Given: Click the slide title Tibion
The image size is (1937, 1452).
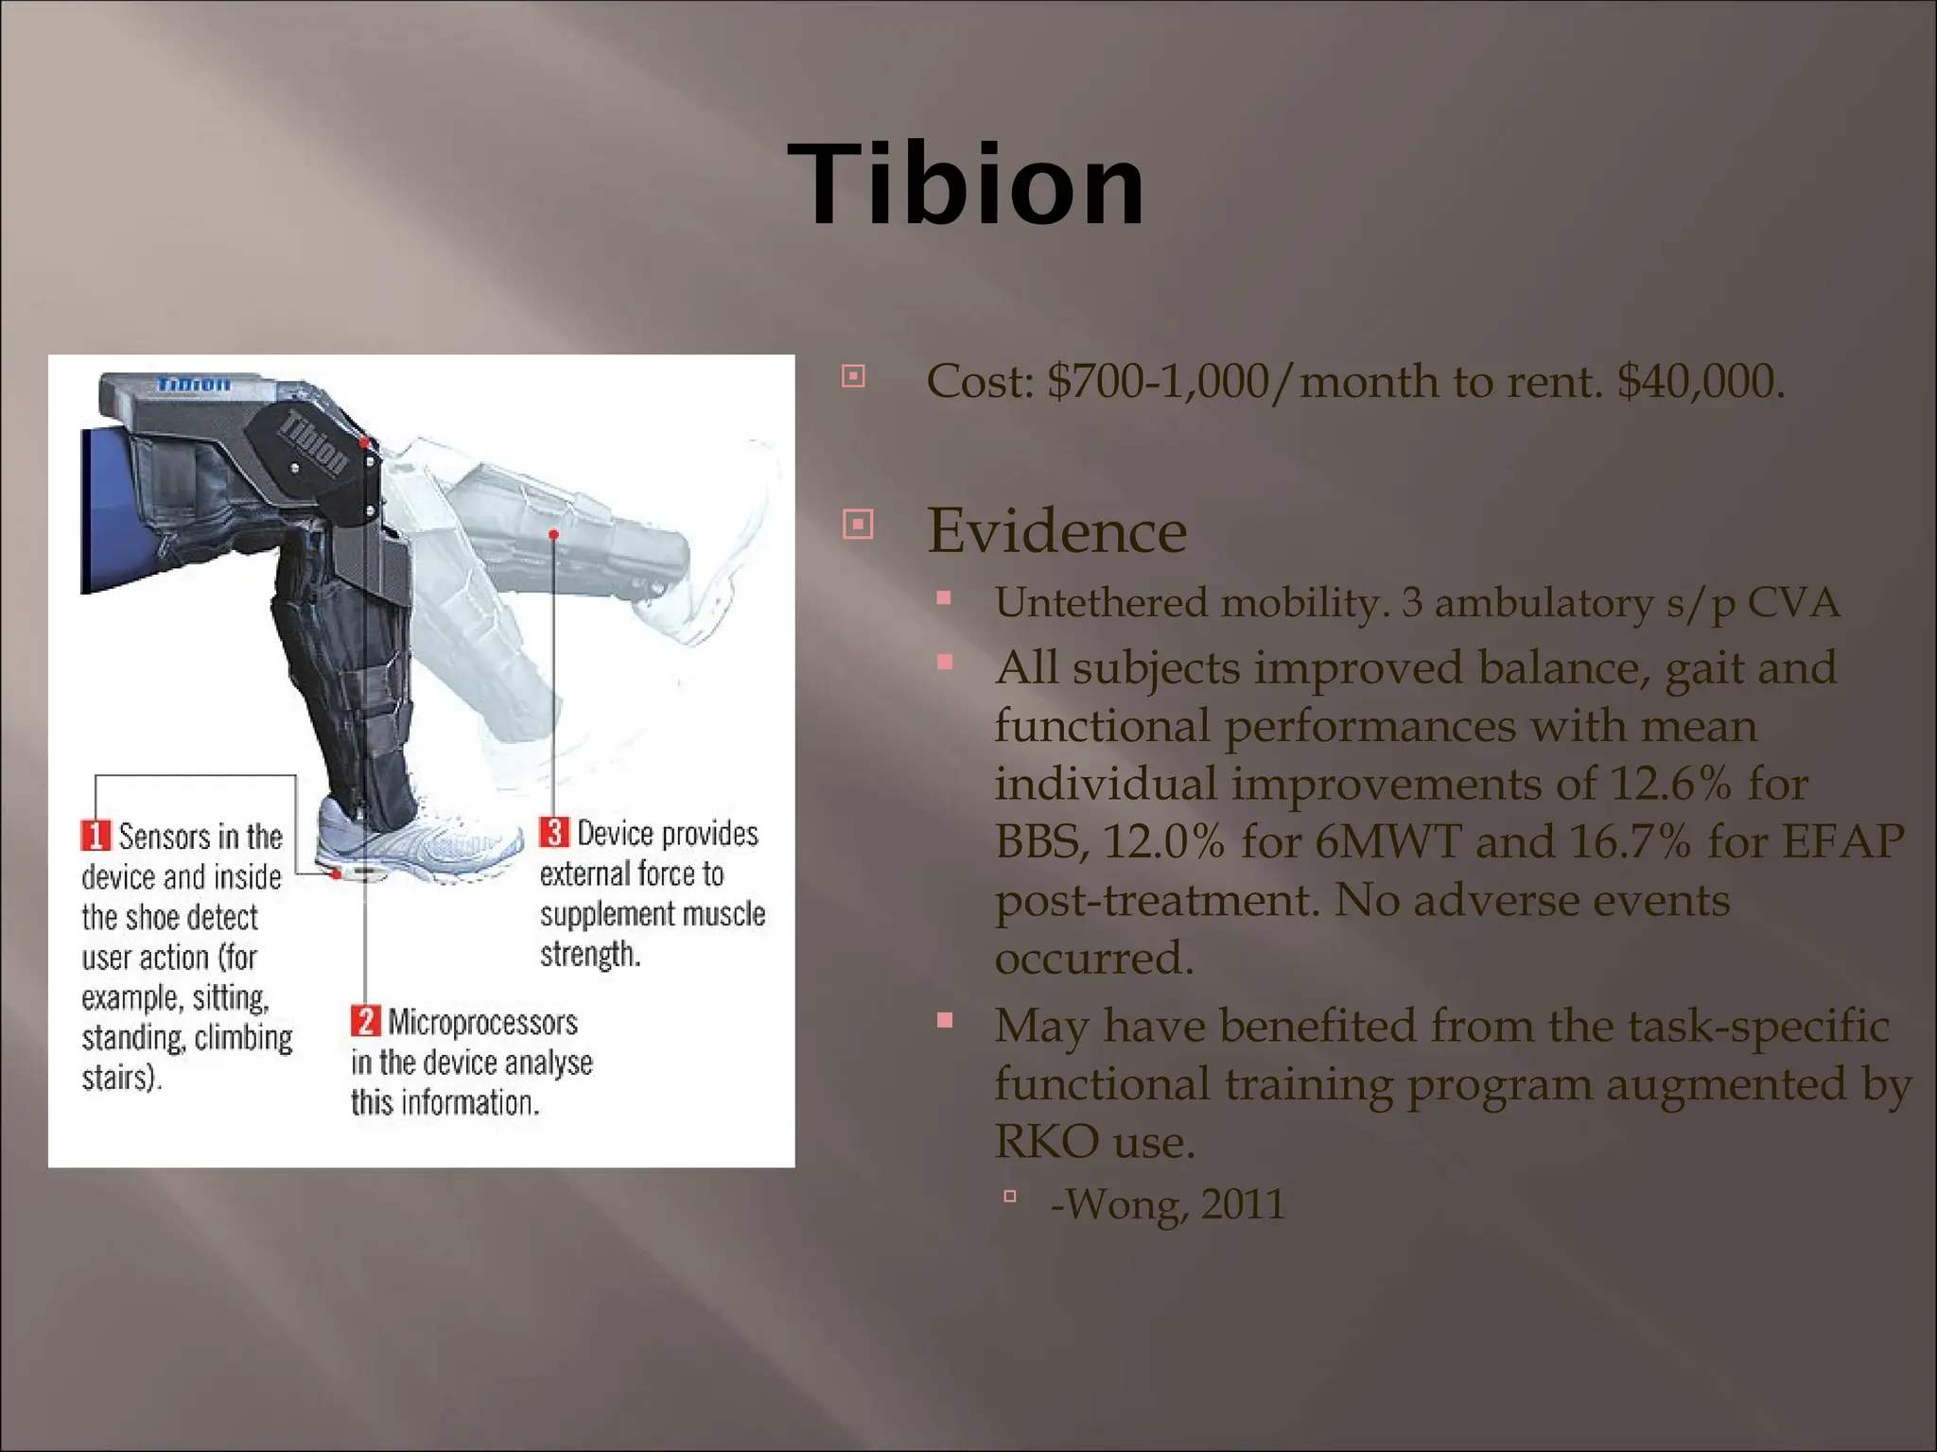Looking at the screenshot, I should [x=966, y=184].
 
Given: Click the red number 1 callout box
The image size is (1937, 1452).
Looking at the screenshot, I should [x=96, y=836].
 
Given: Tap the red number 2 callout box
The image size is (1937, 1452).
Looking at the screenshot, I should [x=365, y=1021].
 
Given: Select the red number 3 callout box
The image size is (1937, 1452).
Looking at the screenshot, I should [x=553, y=832].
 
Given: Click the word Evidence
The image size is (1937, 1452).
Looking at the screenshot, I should [x=1056, y=530].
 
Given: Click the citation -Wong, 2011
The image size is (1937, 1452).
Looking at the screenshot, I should [x=1167, y=1204].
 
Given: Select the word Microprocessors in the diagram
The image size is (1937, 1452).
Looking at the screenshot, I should [x=482, y=1023].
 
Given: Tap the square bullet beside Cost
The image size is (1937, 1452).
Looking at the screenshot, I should [x=853, y=376].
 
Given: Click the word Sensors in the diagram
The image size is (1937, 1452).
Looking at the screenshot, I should [x=164, y=837].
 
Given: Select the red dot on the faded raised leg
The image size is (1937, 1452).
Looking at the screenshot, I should [x=553, y=535].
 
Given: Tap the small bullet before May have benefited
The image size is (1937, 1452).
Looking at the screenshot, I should [x=944, y=1020].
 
